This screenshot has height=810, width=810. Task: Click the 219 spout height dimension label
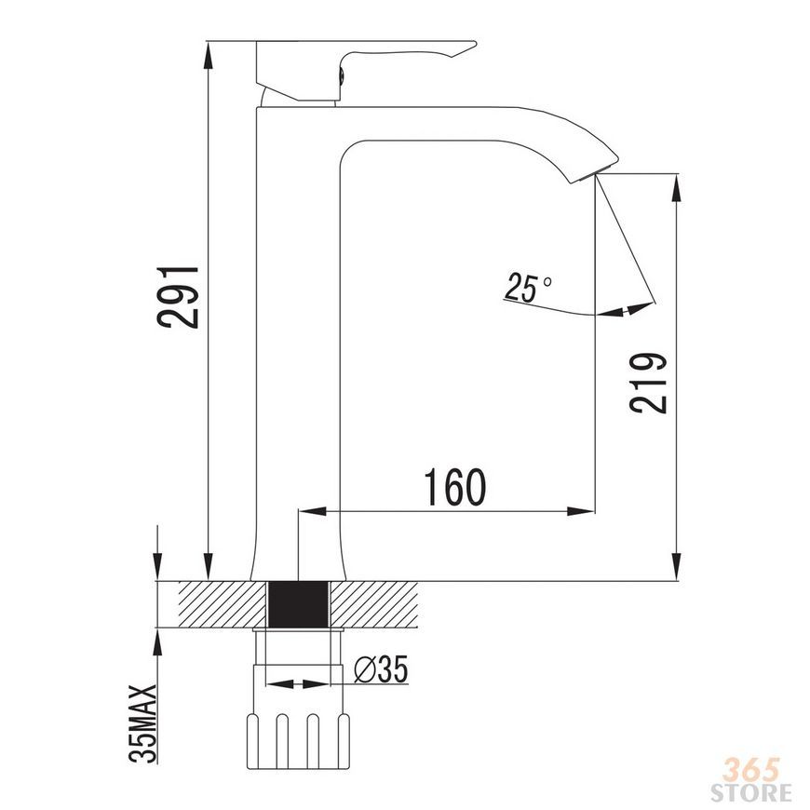pyautogui.click(x=648, y=384)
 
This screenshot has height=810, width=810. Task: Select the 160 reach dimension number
pyautogui.click(x=454, y=487)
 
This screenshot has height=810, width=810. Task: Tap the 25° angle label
pyautogui.click(x=527, y=287)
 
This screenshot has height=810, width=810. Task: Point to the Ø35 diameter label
pyautogui.click(x=381, y=669)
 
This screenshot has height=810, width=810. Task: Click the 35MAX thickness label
pyautogui.click(x=142, y=723)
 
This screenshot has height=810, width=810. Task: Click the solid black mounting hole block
pyautogui.click(x=299, y=604)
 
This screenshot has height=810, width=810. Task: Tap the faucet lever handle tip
pyautogui.click(x=473, y=45)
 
